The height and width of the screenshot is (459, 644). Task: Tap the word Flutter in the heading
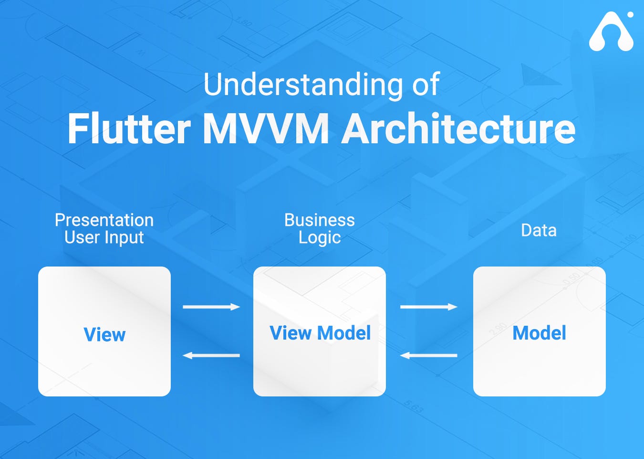pyautogui.click(x=129, y=129)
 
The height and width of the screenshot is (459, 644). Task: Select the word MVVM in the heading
pyautogui.click(x=266, y=129)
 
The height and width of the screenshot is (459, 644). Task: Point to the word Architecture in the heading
pyautogui.click(x=458, y=129)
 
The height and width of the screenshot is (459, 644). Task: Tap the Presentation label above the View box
pyautogui.click(x=104, y=220)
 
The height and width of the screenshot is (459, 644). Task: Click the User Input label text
pyautogui.click(x=104, y=237)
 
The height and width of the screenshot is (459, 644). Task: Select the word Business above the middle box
pyautogui.click(x=319, y=220)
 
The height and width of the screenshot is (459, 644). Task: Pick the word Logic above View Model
pyautogui.click(x=319, y=237)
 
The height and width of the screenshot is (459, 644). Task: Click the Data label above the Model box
pyautogui.click(x=539, y=230)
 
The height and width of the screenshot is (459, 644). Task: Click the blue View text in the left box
pyautogui.click(x=104, y=334)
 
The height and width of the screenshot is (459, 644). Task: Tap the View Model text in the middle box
pyautogui.click(x=320, y=333)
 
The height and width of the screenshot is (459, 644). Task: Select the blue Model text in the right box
pyautogui.click(x=539, y=333)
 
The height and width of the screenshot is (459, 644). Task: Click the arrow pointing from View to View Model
pyautogui.click(x=211, y=307)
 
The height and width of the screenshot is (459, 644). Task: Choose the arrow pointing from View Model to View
pyautogui.click(x=211, y=355)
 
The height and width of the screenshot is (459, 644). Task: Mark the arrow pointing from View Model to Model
pyautogui.click(x=428, y=307)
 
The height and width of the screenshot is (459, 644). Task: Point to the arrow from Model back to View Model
pyautogui.click(x=428, y=355)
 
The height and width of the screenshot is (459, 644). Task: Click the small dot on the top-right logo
pyautogui.click(x=630, y=15)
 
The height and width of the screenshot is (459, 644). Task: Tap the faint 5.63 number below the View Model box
pyautogui.click(x=414, y=406)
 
